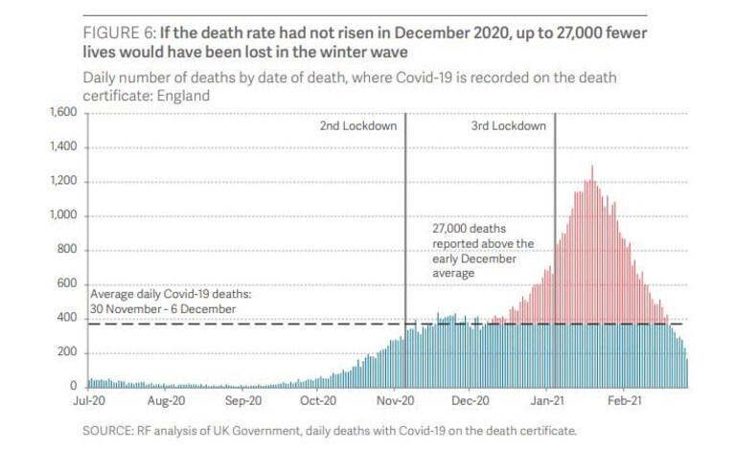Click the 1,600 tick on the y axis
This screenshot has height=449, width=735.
pos(63,112)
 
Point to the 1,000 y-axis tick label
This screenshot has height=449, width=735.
pos(63,215)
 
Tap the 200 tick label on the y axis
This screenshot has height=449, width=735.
pos(67,352)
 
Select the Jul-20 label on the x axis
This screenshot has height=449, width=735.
pos(89,401)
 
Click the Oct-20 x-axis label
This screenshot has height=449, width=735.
pos(318,401)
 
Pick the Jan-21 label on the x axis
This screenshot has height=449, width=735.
pos(547,401)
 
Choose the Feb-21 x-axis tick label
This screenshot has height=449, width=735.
pos(625,401)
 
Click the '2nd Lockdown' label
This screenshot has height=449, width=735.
pos(358,126)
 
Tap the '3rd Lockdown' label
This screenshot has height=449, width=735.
pos(509,126)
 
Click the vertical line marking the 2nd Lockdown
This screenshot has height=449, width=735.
pos(405,251)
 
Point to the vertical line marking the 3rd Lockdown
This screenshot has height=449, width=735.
pos(555,251)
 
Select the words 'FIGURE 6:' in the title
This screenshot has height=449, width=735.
pos(119,33)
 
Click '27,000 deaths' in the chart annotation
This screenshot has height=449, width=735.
pos(470,229)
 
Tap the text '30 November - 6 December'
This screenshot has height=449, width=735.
pos(163,309)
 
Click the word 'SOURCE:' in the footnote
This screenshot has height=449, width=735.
pos(108,431)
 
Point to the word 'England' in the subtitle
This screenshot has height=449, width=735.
pos(183,96)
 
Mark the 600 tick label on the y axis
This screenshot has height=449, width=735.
pos(67,283)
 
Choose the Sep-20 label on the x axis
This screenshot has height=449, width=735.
pos(242,401)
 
